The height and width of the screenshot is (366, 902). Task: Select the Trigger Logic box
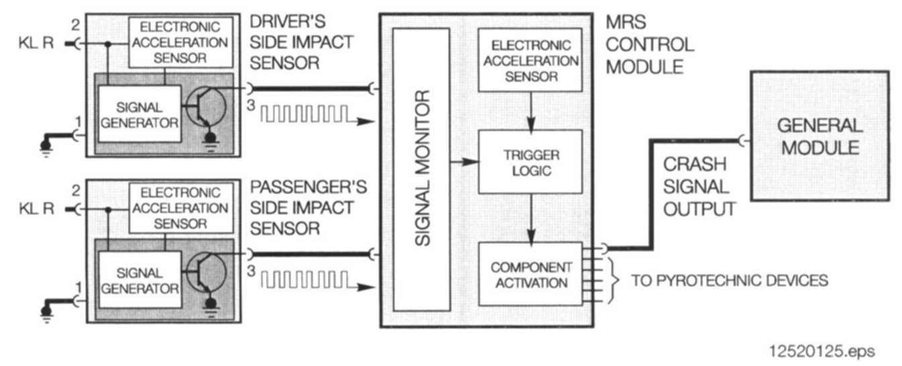click(530, 163)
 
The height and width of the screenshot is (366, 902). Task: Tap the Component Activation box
click(530, 275)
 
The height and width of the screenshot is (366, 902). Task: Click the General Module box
click(819, 135)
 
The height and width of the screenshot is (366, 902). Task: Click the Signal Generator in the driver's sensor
click(139, 113)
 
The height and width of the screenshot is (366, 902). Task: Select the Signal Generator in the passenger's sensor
click(139, 281)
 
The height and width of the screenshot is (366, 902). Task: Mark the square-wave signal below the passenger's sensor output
click(305, 279)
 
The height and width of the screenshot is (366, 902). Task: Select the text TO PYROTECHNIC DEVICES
click(730, 280)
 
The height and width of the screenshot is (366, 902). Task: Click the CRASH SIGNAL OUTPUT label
click(697, 187)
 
